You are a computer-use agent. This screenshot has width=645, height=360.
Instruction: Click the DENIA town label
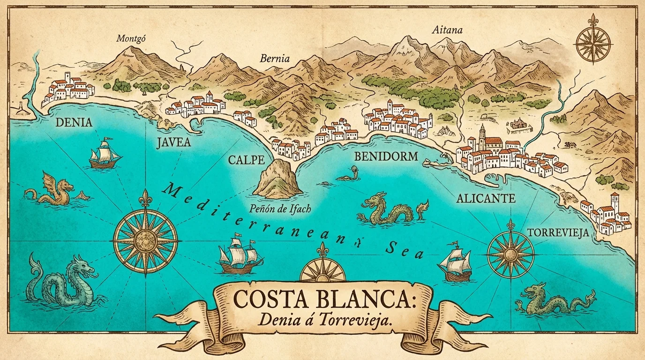click(x=74, y=123)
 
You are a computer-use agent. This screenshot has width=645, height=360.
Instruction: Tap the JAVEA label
click(x=173, y=142)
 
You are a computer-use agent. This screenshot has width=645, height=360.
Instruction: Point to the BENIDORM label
click(x=386, y=157)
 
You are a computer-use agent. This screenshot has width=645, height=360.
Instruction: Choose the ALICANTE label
click(x=486, y=198)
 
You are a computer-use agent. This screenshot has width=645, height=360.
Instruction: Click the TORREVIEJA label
click(x=557, y=232)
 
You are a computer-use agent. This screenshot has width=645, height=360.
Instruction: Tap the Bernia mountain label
click(x=275, y=59)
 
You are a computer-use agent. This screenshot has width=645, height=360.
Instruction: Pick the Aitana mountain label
click(x=447, y=30)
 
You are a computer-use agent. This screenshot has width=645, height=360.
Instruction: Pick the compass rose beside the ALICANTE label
click(x=510, y=254)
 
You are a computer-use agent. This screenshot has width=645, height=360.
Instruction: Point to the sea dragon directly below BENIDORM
click(x=391, y=209)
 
